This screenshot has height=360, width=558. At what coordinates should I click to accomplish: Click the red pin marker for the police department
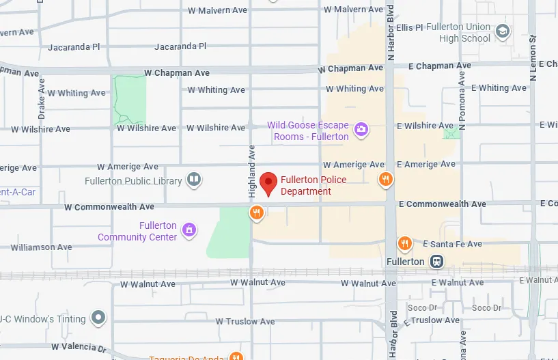[268, 184]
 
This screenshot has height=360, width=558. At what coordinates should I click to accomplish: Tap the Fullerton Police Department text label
[313, 186]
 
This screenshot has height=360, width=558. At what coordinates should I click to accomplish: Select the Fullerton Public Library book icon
[194, 180]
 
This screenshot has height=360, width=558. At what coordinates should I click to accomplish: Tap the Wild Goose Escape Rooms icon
[361, 129]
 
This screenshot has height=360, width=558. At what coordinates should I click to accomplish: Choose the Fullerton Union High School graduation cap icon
[503, 31]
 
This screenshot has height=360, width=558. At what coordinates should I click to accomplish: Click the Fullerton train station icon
[436, 261]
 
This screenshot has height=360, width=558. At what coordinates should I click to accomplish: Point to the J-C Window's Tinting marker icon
[99, 318]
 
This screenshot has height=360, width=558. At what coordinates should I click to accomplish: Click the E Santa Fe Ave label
[452, 244]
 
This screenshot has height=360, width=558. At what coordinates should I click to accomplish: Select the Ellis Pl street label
[409, 27]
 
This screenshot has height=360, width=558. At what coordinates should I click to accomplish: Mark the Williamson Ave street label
[41, 247]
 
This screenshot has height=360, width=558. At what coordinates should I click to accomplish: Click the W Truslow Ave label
[245, 321]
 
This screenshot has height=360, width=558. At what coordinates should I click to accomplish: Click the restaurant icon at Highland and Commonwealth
[256, 212]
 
